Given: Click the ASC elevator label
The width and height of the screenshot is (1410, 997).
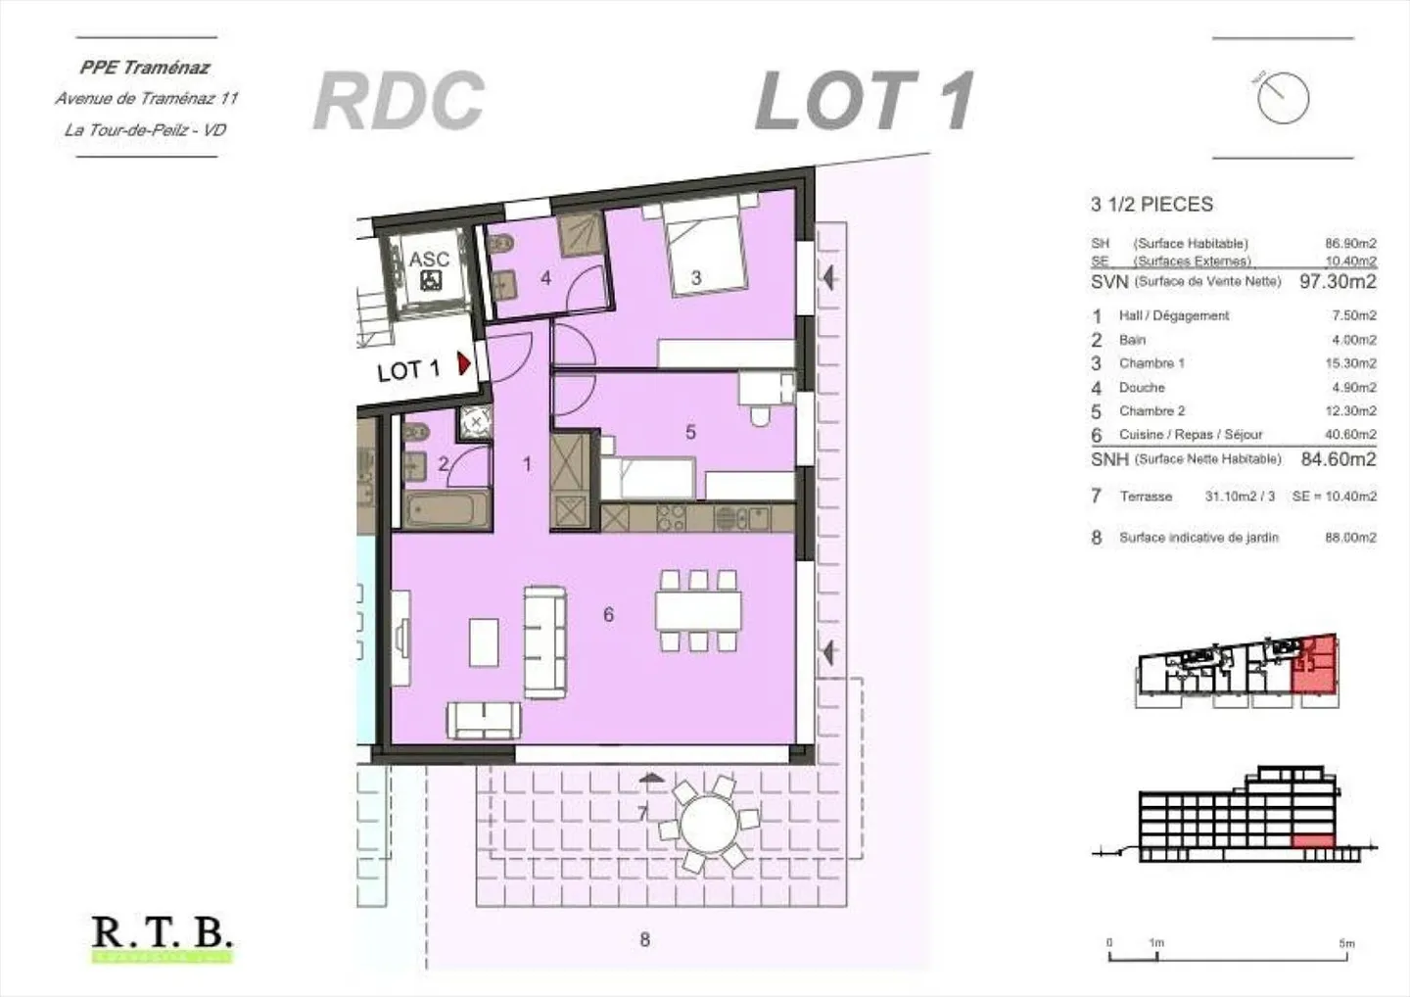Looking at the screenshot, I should pyautogui.click(x=429, y=260).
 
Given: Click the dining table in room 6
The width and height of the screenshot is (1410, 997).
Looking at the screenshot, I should pyautogui.click(x=698, y=611).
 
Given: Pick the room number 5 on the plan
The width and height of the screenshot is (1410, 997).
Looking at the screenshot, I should pyautogui.click(x=690, y=431).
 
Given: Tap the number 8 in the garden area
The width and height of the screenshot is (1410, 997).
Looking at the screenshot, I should pyautogui.click(x=644, y=939).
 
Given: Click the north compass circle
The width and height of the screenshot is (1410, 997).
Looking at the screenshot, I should pyautogui.click(x=1283, y=98).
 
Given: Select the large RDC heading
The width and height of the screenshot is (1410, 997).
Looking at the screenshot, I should pyautogui.click(x=399, y=101).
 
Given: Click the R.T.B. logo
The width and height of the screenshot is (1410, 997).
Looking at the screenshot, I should pyautogui.click(x=162, y=932).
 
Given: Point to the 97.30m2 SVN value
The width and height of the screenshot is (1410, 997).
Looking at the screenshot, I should pyautogui.click(x=1337, y=282).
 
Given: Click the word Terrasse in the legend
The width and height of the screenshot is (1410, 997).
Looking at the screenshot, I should pyautogui.click(x=1146, y=497).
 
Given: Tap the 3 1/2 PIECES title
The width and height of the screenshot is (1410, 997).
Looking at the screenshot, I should pyautogui.click(x=1151, y=205).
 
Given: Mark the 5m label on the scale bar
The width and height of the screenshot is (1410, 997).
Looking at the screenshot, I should pyautogui.click(x=1346, y=943).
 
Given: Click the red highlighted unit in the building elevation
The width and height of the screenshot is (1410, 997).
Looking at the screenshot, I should pyautogui.click(x=1313, y=841).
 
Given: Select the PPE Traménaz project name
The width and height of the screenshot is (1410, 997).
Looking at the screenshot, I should pyautogui.click(x=145, y=68).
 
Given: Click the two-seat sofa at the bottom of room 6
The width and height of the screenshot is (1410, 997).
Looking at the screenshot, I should pyautogui.click(x=485, y=720).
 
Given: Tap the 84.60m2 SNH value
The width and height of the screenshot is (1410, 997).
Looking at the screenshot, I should pyautogui.click(x=1338, y=459).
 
